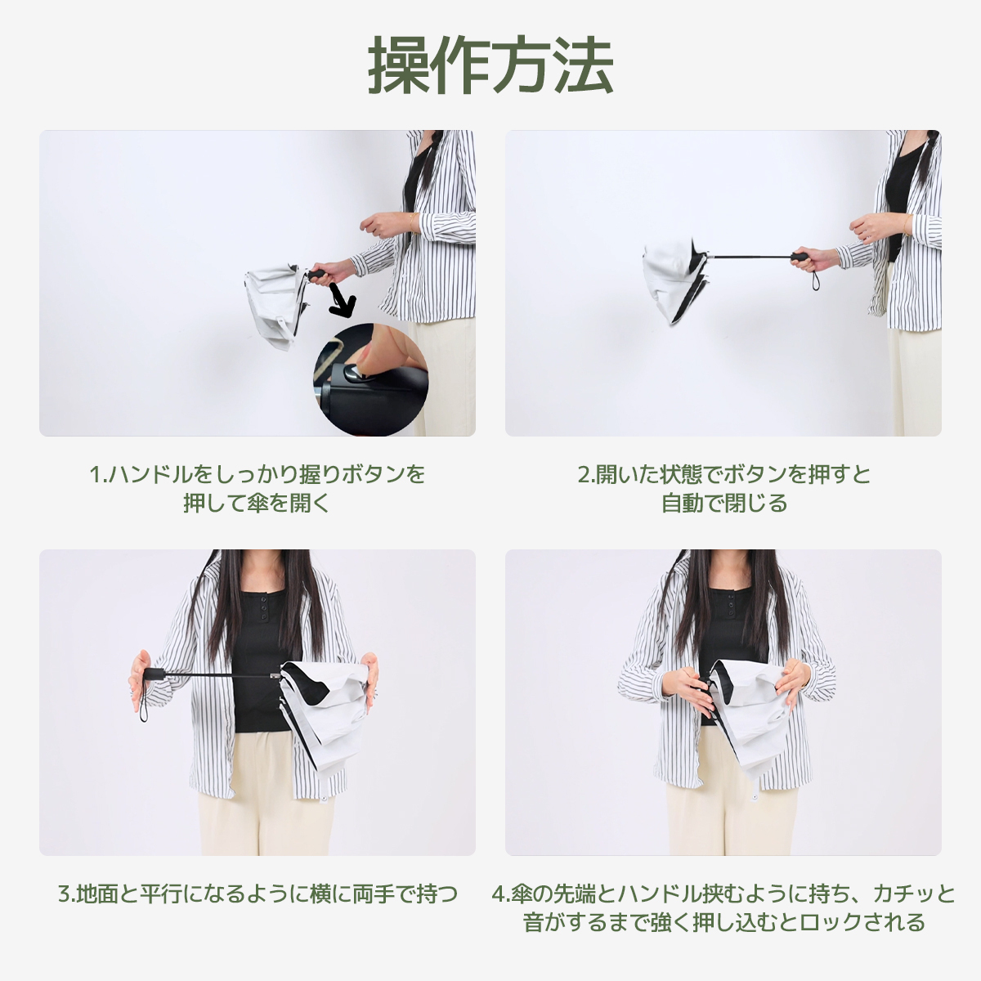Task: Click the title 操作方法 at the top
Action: (x=490, y=65)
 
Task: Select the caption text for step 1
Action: (x=258, y=488)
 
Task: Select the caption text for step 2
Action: (x=723, y=488)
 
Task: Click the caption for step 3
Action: (x=258, y=894)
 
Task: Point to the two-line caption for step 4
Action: (x=723, y=907)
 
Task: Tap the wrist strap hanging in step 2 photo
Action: (x=814, y=282)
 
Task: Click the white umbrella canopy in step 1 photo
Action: (x=274, y=307)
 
